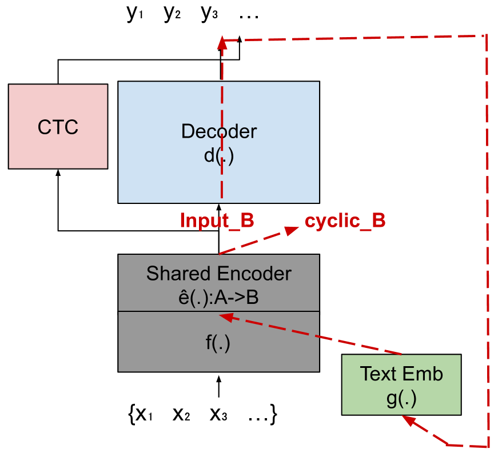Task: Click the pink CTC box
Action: (58, 126)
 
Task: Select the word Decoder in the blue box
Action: (219, 131)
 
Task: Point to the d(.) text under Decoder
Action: (219, 155)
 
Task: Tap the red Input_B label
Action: (217, 221)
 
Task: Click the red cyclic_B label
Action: (345, 221)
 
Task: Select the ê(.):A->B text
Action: (219, 297)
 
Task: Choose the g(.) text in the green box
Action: (401, 398)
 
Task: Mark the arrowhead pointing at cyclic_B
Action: (293, 230)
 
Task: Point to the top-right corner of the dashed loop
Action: (486, 35)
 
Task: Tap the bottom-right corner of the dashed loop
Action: (488, 445)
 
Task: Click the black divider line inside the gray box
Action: (218, 311)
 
